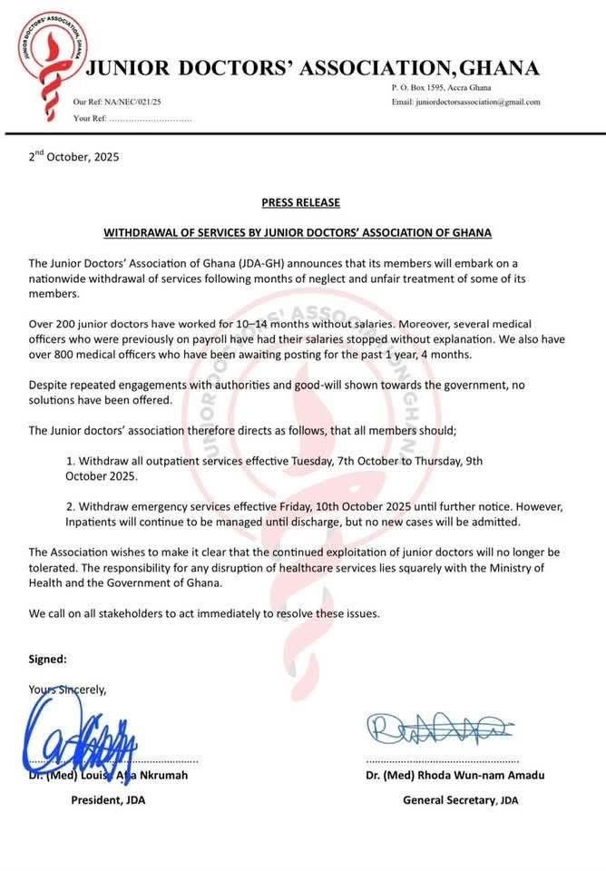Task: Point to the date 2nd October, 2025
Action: point(73,156)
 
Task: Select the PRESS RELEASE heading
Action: point(301,202)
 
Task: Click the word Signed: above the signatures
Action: point(48,659)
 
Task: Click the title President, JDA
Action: point(108,800)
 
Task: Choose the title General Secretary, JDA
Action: point(461,800)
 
